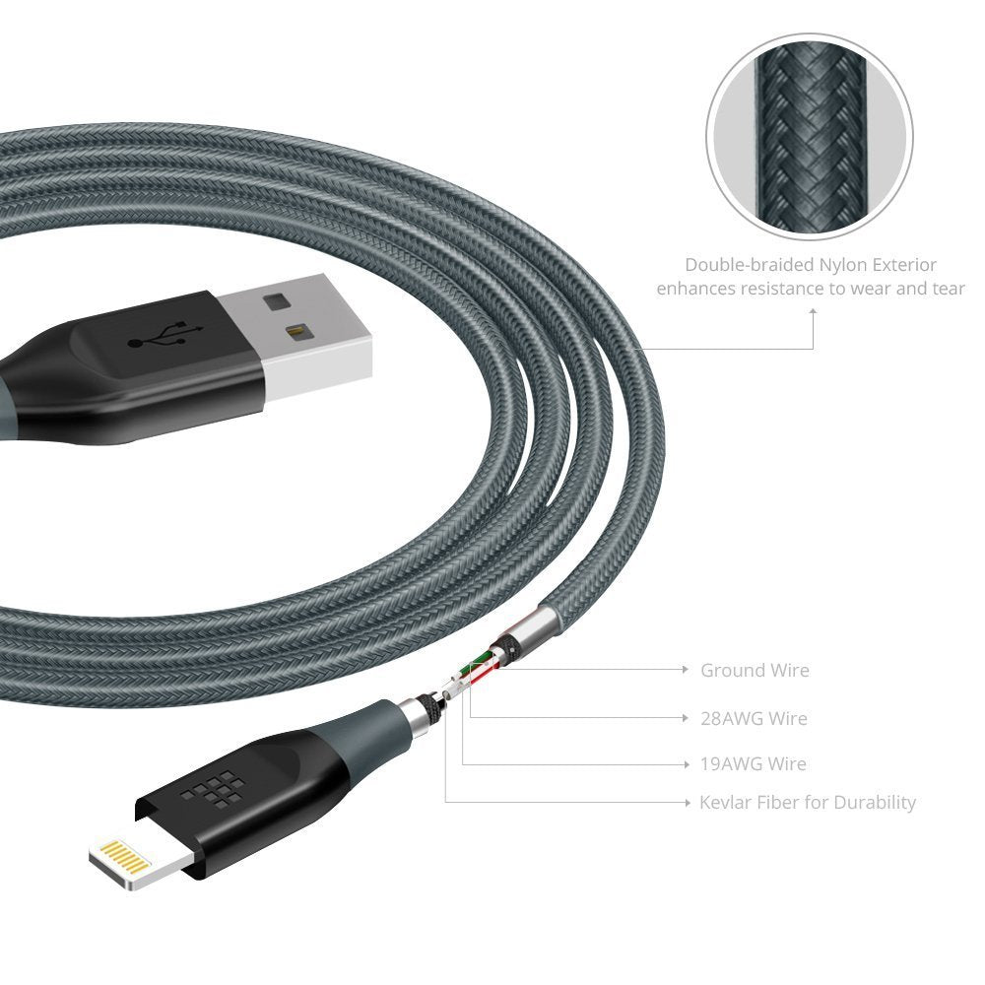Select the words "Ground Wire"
point(755,671)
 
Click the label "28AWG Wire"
point(754,719)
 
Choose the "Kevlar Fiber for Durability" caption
point(808,803)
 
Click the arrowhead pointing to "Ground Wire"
point(686,670)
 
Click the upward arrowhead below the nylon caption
point(814,311)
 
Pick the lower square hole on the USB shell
point(294,333)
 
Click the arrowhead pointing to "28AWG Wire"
point(686,718)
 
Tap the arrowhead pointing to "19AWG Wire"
point(686,764)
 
